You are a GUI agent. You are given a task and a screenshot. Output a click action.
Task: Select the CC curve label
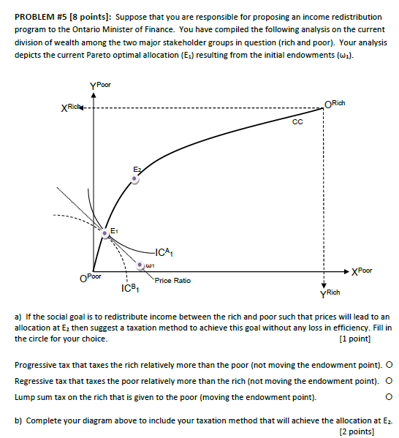click(296, 123)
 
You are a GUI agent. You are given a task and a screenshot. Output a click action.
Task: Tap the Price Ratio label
click(172, 280)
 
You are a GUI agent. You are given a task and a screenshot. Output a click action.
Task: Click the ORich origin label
click(335, 103)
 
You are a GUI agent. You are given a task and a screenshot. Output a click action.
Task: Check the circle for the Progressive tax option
click(389, 363)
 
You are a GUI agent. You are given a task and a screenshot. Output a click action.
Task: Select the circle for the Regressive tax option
click(389, 380)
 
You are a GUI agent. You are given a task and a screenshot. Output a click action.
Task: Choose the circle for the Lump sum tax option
click(389, 397)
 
